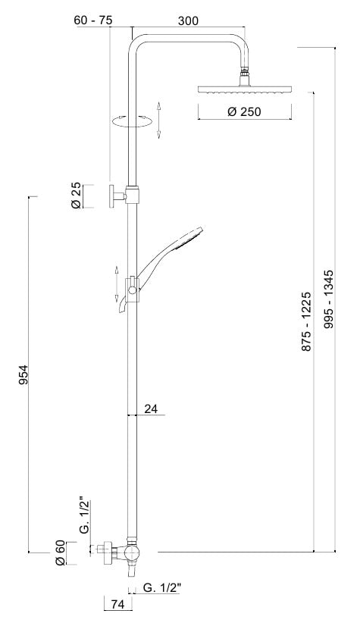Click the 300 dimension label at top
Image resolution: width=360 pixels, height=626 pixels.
coord(188,20)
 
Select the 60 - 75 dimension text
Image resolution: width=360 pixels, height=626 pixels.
coord(93,20)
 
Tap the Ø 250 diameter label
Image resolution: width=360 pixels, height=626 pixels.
coord(244,111)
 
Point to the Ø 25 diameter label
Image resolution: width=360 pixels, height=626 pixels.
coord(76,196)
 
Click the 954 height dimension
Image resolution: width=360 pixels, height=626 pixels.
coord(24,375)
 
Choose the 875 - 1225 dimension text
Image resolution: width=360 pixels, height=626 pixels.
coord(305,322)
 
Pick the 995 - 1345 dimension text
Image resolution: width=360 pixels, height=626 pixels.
coord(328,299)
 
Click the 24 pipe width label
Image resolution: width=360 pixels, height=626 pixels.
coord(151,408)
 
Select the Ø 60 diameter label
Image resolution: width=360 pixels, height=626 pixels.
coord(61,552)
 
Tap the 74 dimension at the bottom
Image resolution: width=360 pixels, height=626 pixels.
coord(117,604)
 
